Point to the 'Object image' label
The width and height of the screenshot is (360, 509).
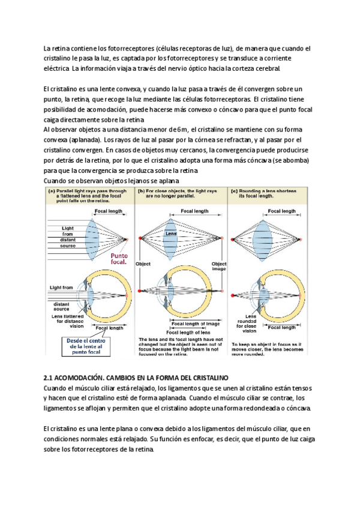tap(220, 266)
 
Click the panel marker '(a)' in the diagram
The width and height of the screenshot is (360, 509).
tap(52, 191)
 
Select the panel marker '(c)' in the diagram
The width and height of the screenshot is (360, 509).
tap(235, 191)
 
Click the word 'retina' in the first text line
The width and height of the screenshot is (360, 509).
tap(58, 48)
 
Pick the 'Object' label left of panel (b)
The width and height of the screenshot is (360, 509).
tap(143, 264)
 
